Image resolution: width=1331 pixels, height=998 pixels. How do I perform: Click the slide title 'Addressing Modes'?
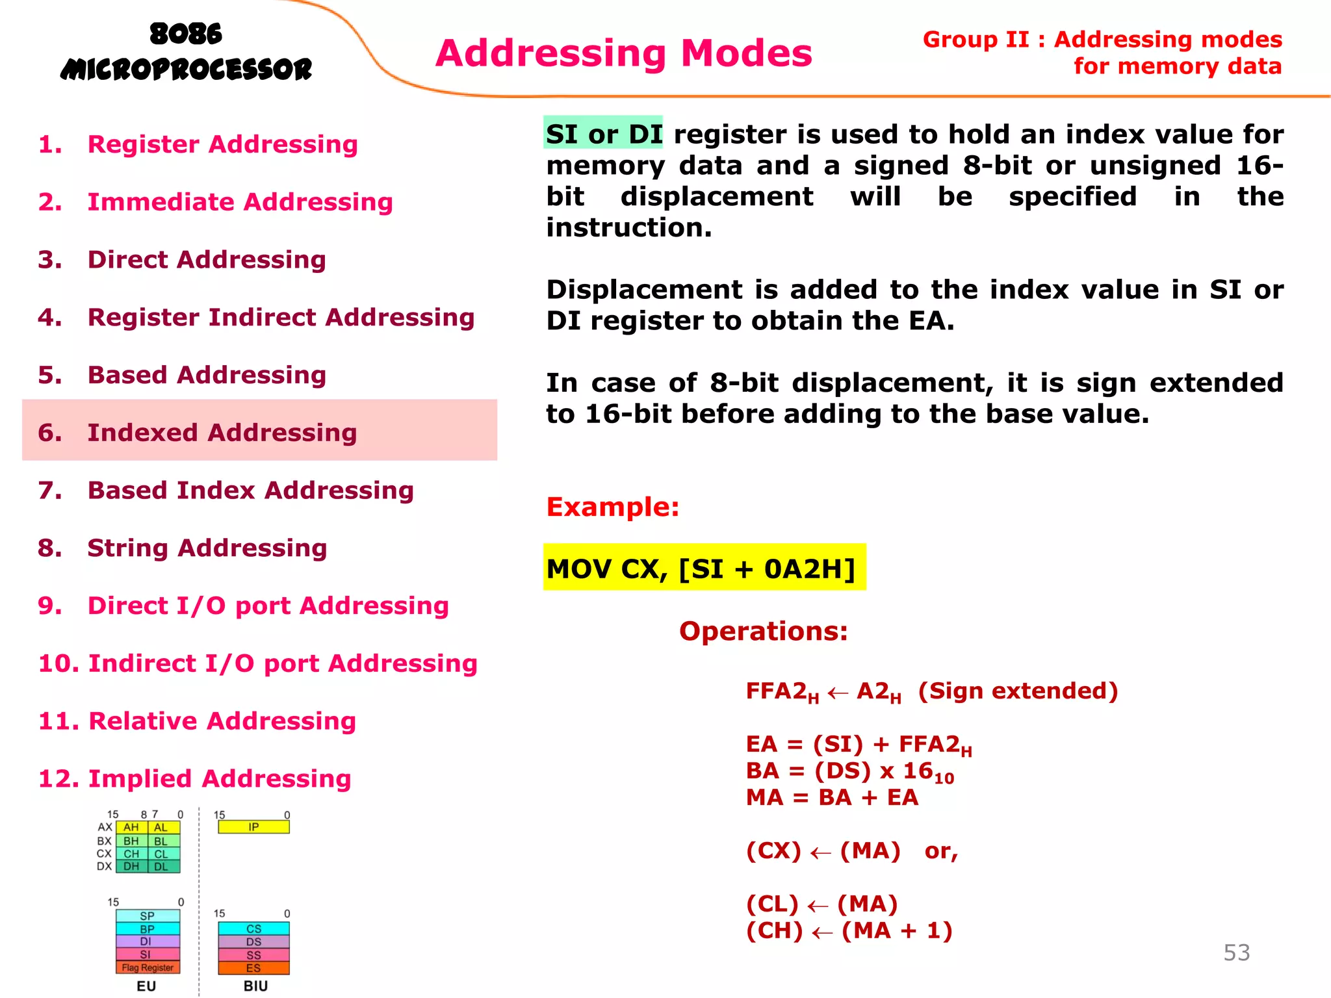(x=623, y=53)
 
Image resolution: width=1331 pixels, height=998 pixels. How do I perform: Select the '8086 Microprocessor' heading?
(x=186, y=52)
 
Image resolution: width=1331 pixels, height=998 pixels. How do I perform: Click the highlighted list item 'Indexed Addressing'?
(x=222, y=433)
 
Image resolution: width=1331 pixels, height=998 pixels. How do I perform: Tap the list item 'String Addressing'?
(x=207, y=548)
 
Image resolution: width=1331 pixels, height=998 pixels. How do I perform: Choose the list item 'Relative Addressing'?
(x=222, y=721)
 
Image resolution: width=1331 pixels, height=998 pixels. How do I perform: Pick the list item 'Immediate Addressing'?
(x=240, y=202)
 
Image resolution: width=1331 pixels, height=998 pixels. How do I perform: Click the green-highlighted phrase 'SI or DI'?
(x=603, y=134)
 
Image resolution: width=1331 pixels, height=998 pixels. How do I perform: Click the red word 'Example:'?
(x=612, y=507)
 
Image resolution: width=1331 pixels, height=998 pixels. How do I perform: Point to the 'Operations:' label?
(x=763, y=631)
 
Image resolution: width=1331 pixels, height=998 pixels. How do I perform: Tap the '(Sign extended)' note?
(x=1018, y=691)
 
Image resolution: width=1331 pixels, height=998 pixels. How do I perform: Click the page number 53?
(x=1236, y=953)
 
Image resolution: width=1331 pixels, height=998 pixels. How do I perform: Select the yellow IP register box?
(x=253, y=827)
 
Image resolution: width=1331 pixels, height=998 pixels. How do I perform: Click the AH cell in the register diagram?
(x=131, y=828)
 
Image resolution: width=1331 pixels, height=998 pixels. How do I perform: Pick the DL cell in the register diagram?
(x=161, y=867)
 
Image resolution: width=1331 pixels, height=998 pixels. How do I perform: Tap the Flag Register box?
(x=148, y=967)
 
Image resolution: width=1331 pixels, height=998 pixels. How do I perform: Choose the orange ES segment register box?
(x=253, y=968)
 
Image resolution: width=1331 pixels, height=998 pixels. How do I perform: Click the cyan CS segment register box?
(x=253, y=929)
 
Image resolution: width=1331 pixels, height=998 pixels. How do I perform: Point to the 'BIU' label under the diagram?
(x=255, y=986)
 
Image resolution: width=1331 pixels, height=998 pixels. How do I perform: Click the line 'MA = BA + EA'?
(x=832, y=797)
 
